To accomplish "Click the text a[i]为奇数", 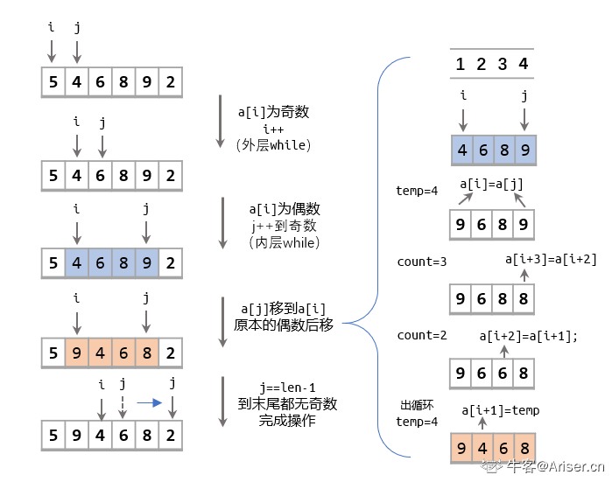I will coord(273,113).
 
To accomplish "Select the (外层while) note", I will coord(273,144).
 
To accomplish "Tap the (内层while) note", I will coord(284,241).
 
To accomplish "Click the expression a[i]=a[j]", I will coord(491,185).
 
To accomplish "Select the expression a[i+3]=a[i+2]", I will coord(551,258).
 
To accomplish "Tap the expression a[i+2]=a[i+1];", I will coord(529,335).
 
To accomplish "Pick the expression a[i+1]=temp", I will coord(500,410).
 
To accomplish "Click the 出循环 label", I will coord(418,405).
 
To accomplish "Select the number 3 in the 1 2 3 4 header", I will coord(503,64).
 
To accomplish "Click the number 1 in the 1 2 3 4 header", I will coord(461,64).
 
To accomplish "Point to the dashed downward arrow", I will coord(123,405).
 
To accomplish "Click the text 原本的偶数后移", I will coord(285,325).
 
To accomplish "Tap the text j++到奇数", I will coord(284,226).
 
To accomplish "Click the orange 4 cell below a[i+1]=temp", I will coord(481,450).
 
